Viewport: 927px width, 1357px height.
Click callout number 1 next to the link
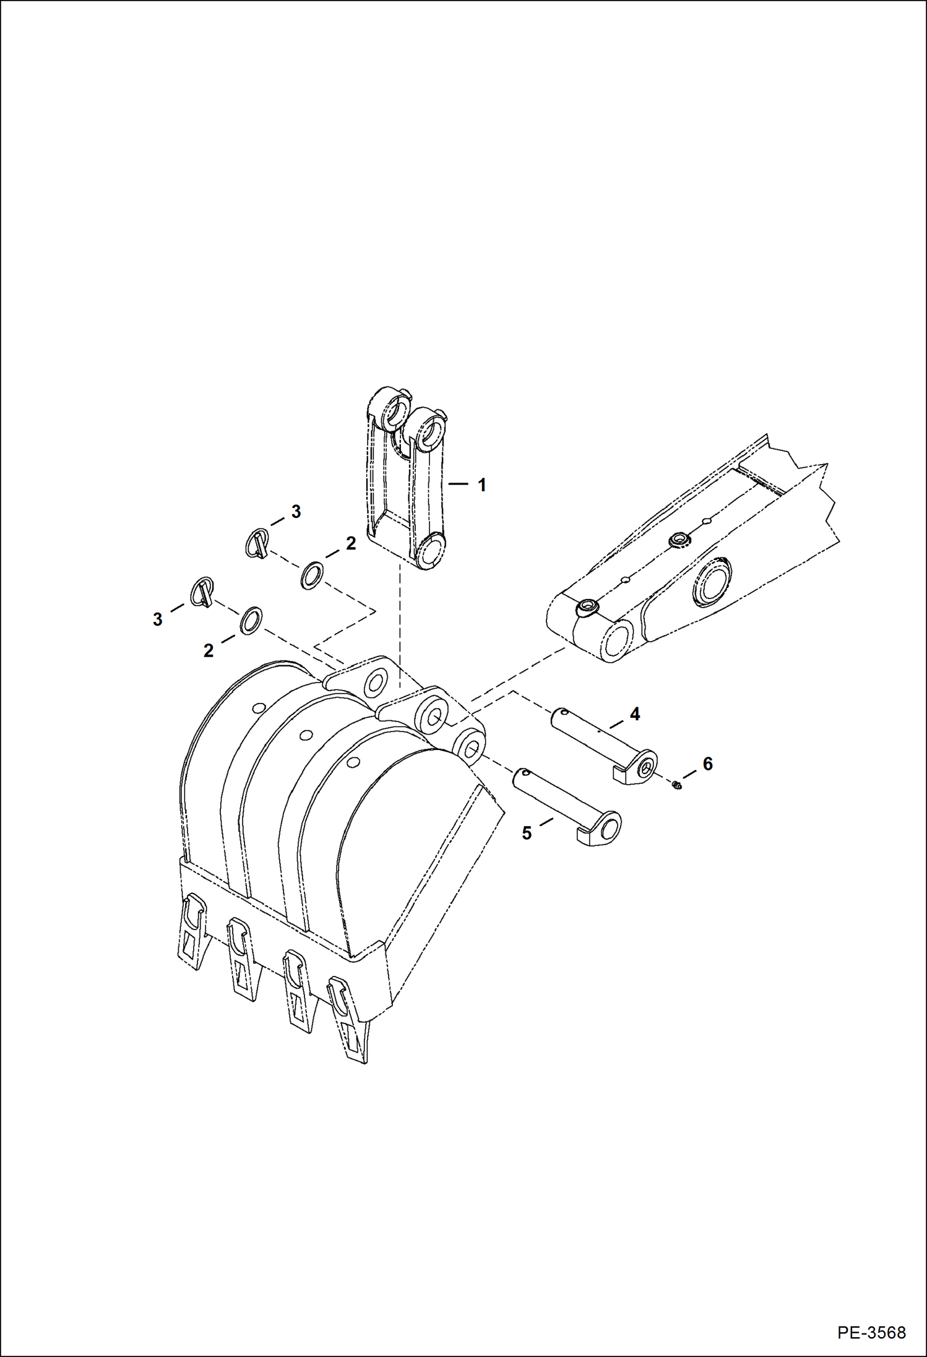pos(481,485)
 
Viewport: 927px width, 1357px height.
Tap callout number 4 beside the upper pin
pos(634,714)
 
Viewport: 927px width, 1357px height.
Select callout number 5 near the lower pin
pos(527,834)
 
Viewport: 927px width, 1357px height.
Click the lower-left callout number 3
pos(158,619)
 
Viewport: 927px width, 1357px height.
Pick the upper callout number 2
pos(351,543)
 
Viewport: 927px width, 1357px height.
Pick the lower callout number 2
pos(209,650)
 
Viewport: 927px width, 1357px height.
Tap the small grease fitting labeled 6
pos(677,785)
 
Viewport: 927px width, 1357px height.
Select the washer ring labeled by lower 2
pos(250,620)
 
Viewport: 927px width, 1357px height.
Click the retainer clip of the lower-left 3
pos(203,592)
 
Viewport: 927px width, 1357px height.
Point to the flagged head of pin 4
pos(640,767)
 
